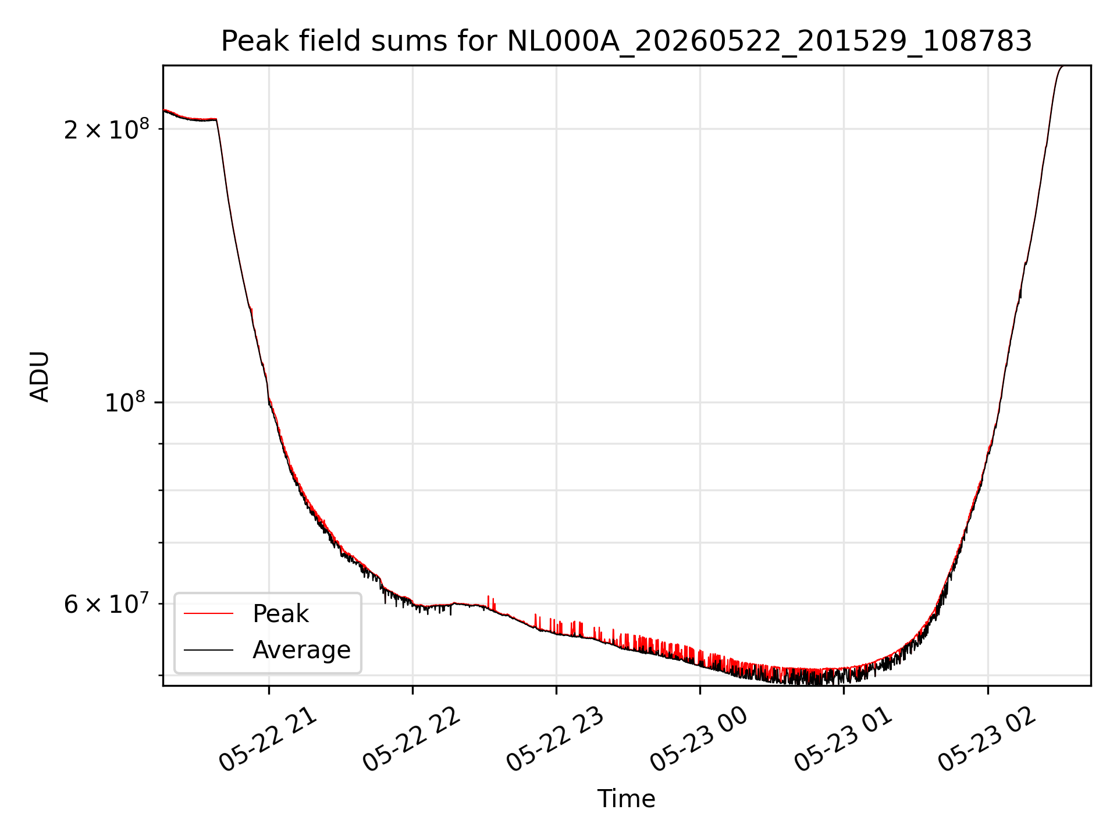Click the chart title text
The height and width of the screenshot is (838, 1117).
pos(627,41)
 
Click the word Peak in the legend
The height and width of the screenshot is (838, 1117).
pos(280,614)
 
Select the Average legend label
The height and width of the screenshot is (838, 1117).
pos(301,650)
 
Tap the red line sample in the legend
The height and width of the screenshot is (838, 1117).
pos(209,613)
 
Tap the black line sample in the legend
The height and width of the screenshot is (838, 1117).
pos(209,649)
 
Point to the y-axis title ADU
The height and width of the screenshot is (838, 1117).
pos(40,376)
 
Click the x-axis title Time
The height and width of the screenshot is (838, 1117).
pos(627,799)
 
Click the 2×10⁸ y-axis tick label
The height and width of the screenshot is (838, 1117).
pos(106,129)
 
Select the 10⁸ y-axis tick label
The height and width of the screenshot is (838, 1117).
pos(125,402)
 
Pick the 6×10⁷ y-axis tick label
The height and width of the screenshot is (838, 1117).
pos(106,603)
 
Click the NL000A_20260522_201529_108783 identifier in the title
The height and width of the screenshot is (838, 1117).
pos(770,42)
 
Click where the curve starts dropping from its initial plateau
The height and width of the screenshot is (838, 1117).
pos(216,119)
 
